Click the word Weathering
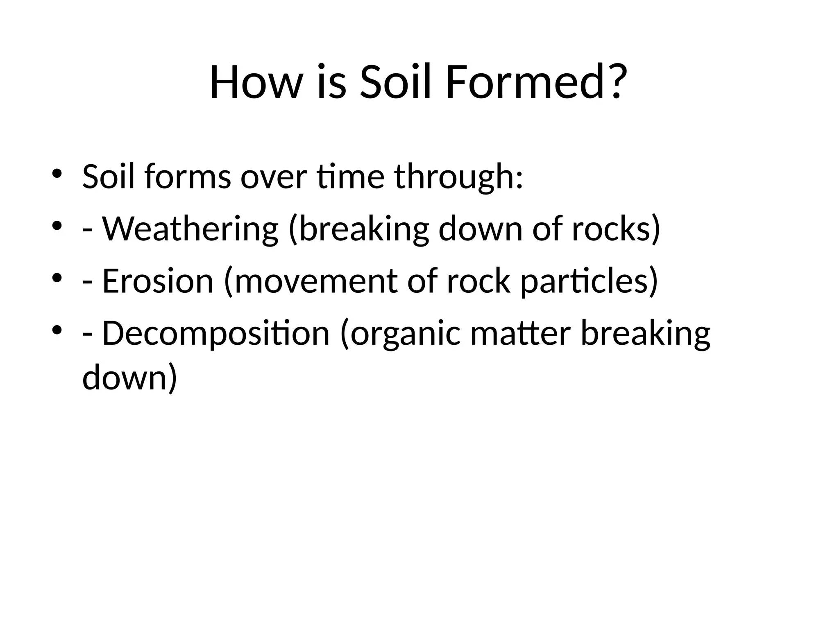190,229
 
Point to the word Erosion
158,282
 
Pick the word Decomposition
215,334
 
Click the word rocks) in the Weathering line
616,229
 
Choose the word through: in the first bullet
459,177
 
